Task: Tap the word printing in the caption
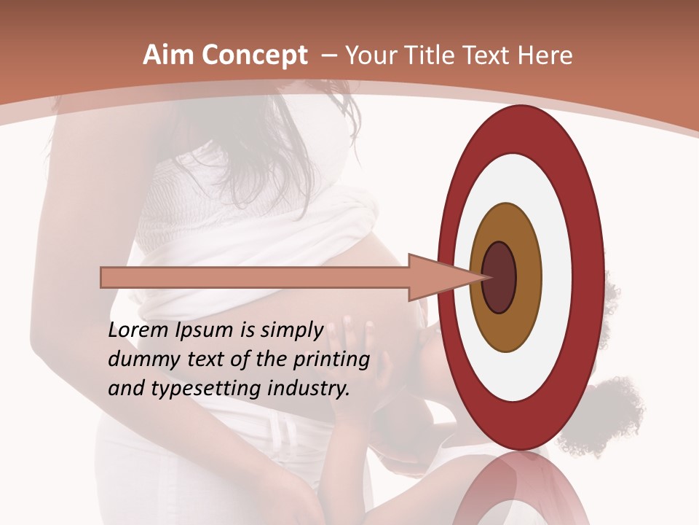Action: (x=331, y=360)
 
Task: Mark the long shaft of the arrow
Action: (x=255, y=277)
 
